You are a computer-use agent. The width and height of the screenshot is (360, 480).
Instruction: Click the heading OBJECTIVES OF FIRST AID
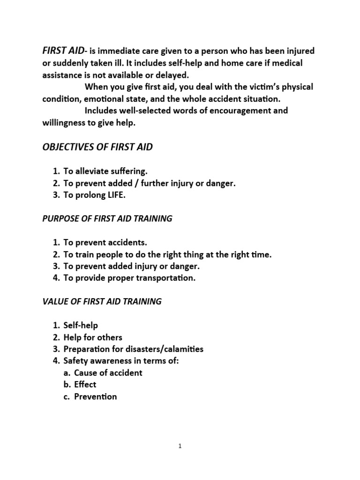pyautogui.click(x=97, y=148)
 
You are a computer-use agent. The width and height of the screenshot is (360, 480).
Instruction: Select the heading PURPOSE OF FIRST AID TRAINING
pyautogui.click(x=107, y=219)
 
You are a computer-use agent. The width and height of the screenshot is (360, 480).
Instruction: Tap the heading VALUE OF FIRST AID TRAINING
pyautogui.click(x=102, y=301)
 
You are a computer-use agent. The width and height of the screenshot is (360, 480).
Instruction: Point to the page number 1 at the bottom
pyautogui.click(x=180, y=446)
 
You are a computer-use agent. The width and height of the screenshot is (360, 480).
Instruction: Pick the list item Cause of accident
pyautogui.click(x=108, y=373)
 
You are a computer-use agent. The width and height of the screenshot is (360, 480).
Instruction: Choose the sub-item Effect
pyautogui.click(x=85, y=384)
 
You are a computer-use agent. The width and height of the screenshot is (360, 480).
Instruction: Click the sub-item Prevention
pyautogui.click(x=95, y=397)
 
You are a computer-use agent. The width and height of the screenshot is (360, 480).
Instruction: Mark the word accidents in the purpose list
pyautogui.click(x=127, y=242)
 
